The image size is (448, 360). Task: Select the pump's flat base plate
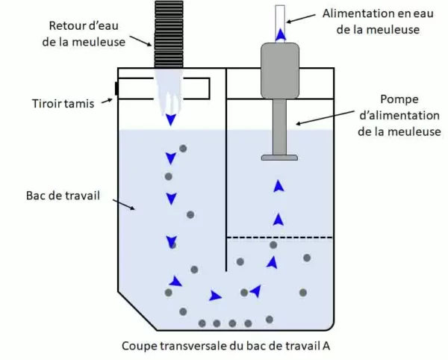pyautogui.click(x=279, y=157)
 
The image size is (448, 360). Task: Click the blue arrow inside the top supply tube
pyautogui.click(x=279, y=34)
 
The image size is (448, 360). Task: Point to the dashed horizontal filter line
pyautogui.click(x=279, y=238)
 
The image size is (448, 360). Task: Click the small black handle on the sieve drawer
pyautogui.click(x=116, y=90)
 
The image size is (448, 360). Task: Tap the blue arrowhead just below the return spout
pyautogui.click(x=171, y=120)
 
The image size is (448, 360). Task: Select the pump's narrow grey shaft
pyautogui.click(x=279, y=126)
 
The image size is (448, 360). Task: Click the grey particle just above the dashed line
pyautogui.click(x=273, y=245)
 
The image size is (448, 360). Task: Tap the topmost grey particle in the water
pyautogui.click(x=183, y=149)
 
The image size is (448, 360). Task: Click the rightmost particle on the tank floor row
pyautogui.click(x=270, y=319)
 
